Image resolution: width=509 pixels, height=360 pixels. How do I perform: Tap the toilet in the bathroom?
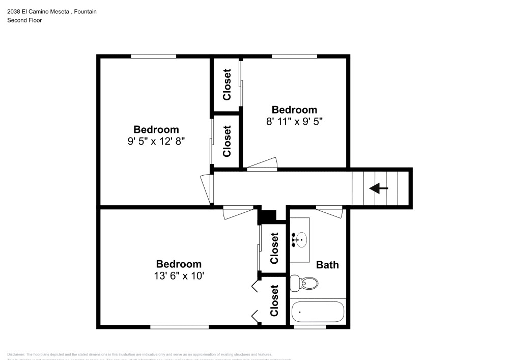click(x=303, y=283)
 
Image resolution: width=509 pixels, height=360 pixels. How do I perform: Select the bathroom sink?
click(x=300, y=238)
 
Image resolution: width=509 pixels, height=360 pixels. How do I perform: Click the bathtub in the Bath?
click(x=318, y=311)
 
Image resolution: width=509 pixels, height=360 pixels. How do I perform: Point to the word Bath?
click(x=327, y=265)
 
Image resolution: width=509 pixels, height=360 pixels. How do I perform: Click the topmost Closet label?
click(x=227, y=84)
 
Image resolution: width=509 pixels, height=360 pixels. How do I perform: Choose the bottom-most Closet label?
click(x=274, y=300)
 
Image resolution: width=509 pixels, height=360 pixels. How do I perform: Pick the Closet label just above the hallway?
click(x=227, y=141)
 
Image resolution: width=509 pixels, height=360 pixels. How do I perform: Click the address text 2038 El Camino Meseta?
click(x=39, y=11)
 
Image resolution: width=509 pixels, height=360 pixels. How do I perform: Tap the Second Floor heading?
click(x=24, y=20)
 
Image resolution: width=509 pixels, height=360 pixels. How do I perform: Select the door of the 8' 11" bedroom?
click(x=262, y=164)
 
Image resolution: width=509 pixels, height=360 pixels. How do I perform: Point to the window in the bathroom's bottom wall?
click(x=309, y=326)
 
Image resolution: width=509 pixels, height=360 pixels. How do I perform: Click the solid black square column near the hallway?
click(x=266, y=216)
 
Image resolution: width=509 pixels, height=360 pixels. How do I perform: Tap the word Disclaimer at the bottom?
click(x=17, y=354)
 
